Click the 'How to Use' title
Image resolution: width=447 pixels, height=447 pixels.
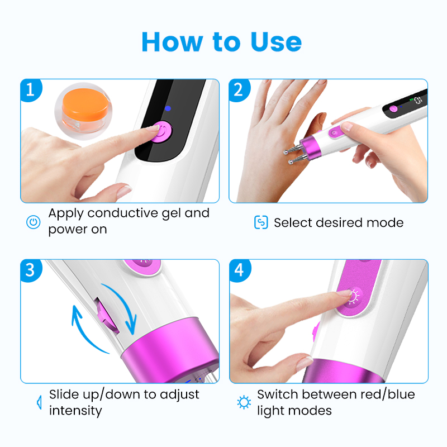221,42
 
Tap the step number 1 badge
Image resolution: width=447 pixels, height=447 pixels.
31,90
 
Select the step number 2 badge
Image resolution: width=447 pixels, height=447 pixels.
239,90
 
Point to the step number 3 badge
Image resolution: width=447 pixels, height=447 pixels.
31,270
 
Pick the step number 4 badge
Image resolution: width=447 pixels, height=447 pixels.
240,270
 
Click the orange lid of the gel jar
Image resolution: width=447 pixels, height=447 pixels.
85,104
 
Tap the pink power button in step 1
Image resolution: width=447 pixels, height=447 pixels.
161,132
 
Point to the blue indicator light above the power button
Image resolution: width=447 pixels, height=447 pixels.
168,108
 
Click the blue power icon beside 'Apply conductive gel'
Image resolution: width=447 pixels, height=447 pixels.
34,222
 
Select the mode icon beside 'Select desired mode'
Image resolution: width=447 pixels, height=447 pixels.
261,222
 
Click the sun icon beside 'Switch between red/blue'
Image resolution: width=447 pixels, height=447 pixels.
244,402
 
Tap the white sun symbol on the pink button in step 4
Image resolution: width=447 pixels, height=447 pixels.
354,297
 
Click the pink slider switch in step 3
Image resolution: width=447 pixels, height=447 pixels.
107,317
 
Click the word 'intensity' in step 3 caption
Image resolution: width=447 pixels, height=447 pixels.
75,411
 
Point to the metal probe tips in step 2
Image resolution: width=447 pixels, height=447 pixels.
292,155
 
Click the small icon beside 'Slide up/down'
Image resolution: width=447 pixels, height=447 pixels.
39,402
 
